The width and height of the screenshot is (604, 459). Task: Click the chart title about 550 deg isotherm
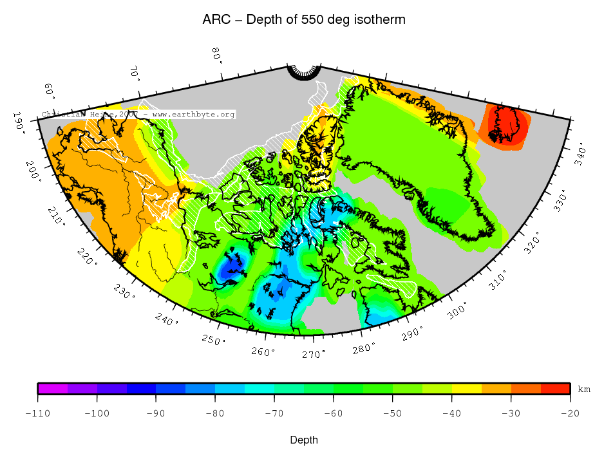[304, 20]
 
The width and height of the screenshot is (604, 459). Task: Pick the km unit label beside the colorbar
[583, 389]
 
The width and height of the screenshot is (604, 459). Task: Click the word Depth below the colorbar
[303, 440]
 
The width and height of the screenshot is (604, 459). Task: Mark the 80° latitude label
[217, 55]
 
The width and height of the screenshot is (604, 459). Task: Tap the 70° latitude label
[135, 73]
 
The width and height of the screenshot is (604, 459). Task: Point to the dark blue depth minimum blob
[231, 268]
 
